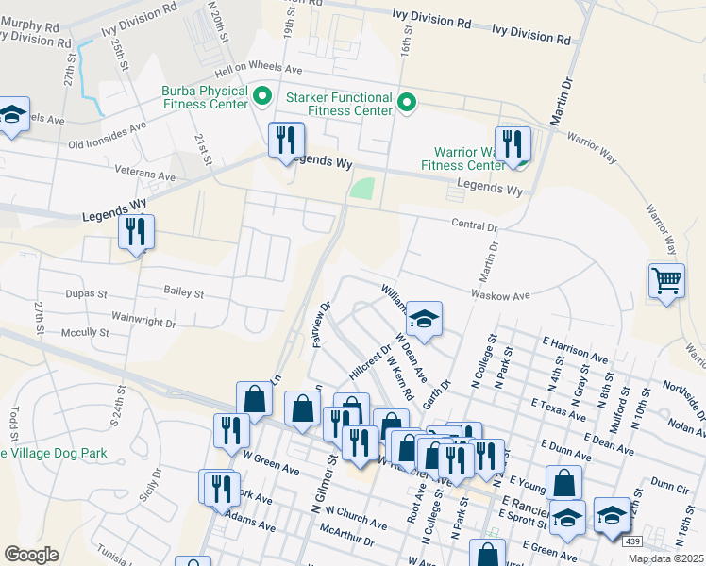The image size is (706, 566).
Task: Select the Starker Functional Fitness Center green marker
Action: click(x=408, y=102)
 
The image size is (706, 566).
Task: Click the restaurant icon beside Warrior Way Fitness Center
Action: click(x=513, y=143)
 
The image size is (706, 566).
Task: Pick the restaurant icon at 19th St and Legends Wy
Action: click(x=283, y=140)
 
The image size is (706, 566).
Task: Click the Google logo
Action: click(x=31, y=555)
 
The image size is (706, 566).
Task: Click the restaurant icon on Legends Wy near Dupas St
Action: click(x=136, y=231)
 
